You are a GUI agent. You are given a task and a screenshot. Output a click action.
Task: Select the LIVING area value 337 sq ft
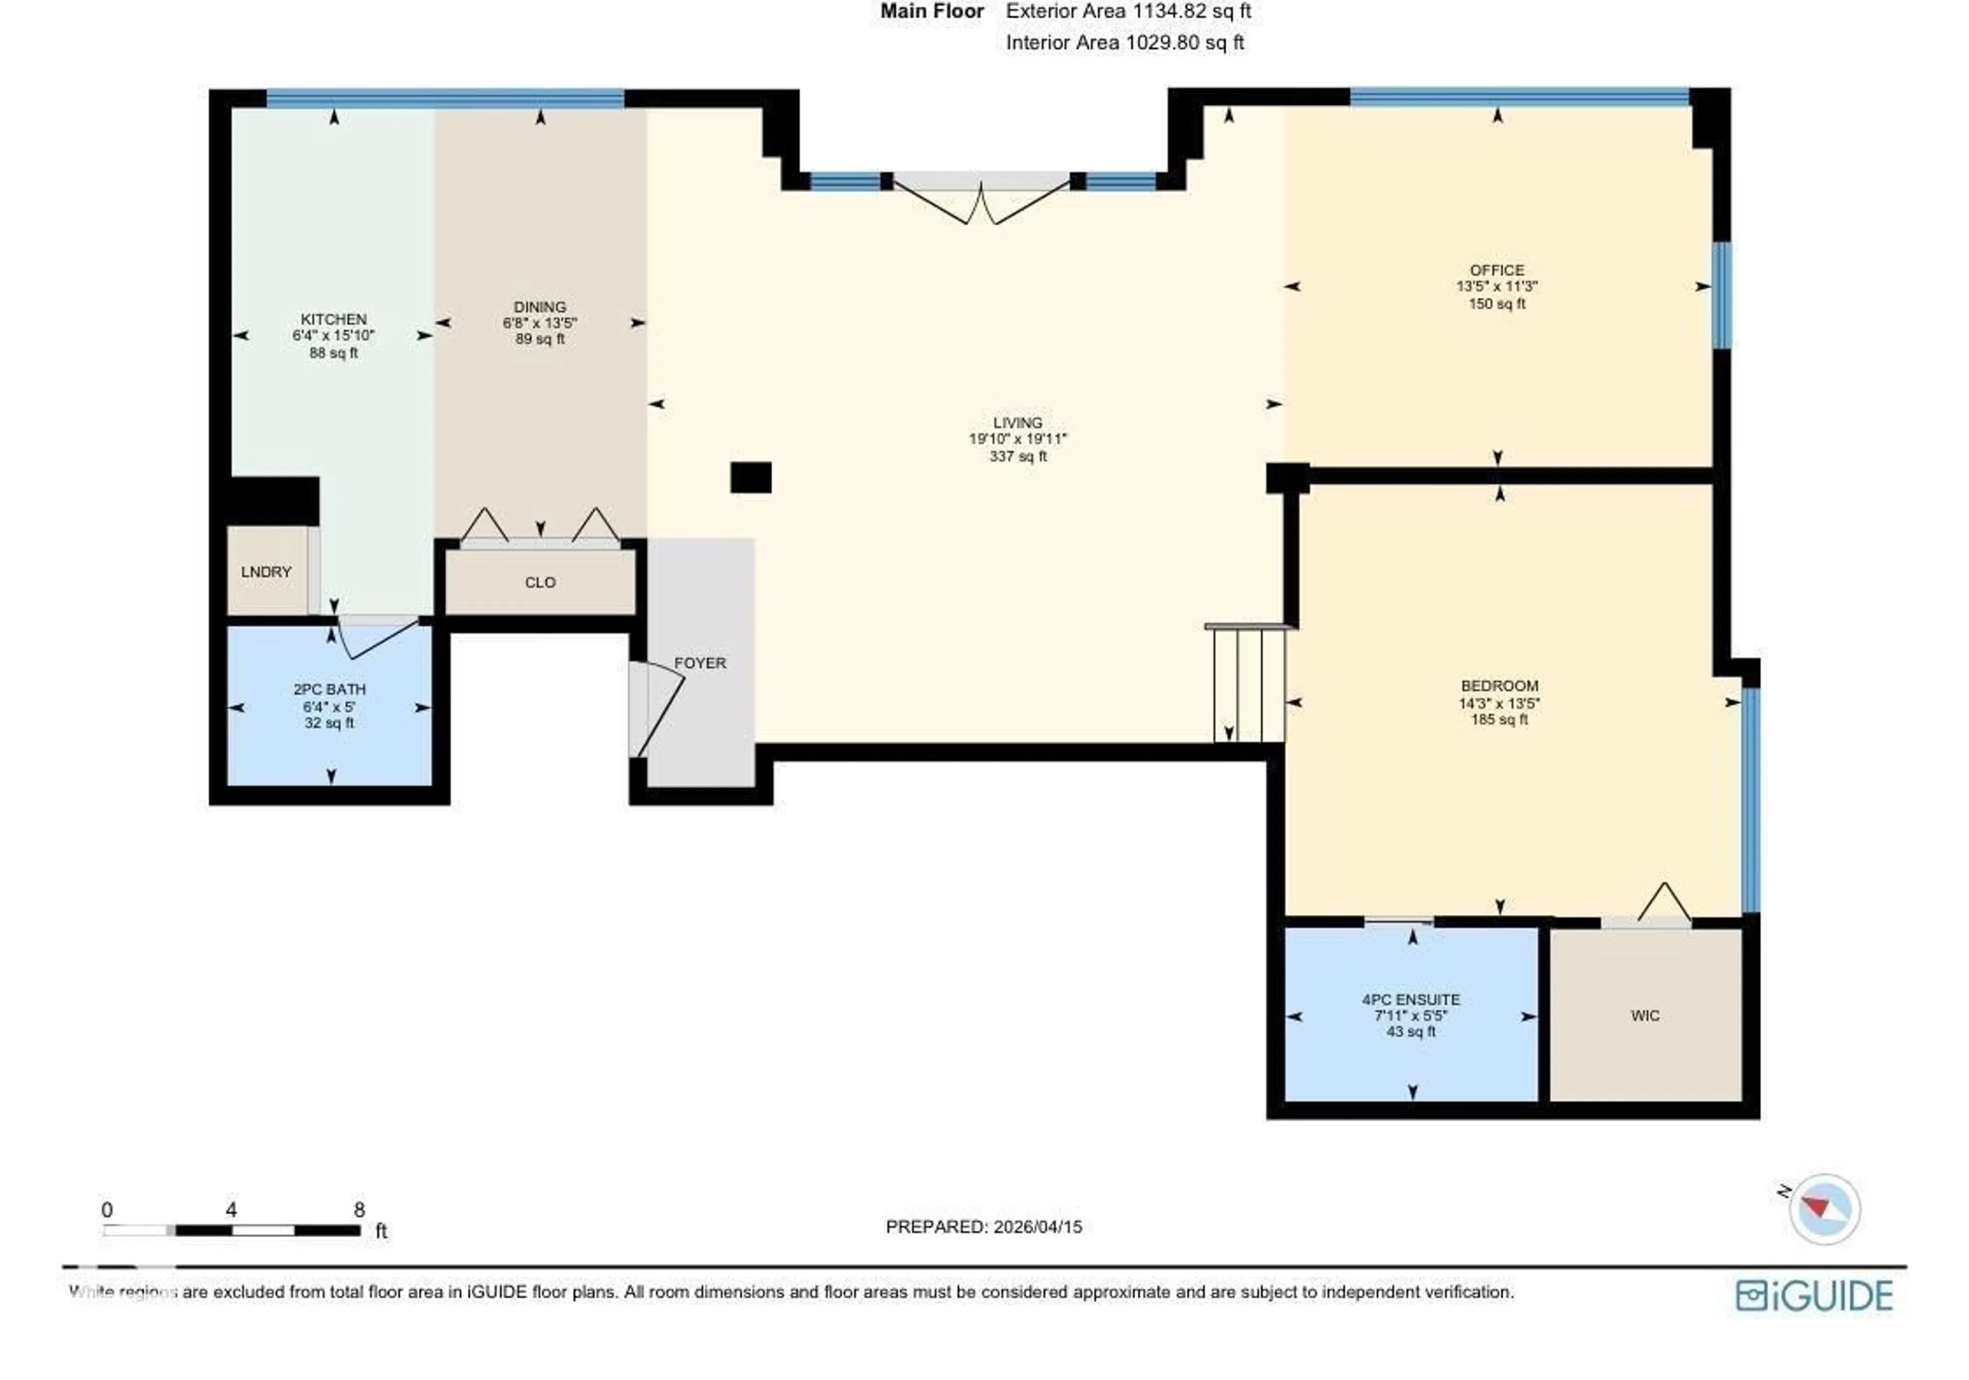1018,456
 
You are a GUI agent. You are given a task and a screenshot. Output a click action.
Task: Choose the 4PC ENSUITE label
1411,999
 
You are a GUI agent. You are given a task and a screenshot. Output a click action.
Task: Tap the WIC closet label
1645,1015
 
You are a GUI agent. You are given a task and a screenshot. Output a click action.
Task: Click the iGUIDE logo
1814,1295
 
